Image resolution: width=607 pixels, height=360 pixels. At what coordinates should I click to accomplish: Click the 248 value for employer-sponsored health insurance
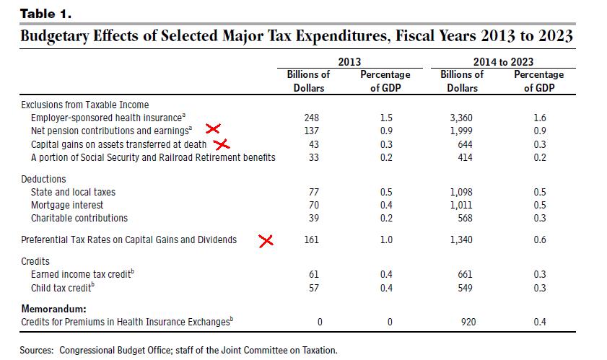312,117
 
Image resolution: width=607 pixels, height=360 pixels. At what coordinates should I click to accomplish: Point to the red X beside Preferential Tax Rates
266,240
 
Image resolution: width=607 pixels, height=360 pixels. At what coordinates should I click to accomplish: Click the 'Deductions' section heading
43,179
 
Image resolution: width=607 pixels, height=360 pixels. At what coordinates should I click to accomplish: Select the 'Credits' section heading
35,261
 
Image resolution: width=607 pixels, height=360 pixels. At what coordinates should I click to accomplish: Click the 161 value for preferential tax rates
312,240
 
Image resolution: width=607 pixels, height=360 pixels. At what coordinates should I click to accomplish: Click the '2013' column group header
349,62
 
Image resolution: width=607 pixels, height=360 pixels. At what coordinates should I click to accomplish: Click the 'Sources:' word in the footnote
38,350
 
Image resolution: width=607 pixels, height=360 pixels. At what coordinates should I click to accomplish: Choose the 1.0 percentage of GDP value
386,240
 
